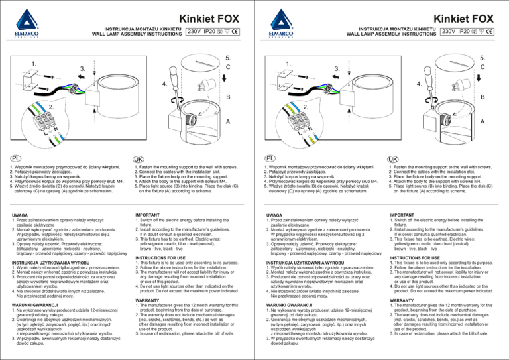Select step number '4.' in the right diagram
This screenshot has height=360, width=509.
418,84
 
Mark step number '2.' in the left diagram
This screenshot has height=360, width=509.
50,107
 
